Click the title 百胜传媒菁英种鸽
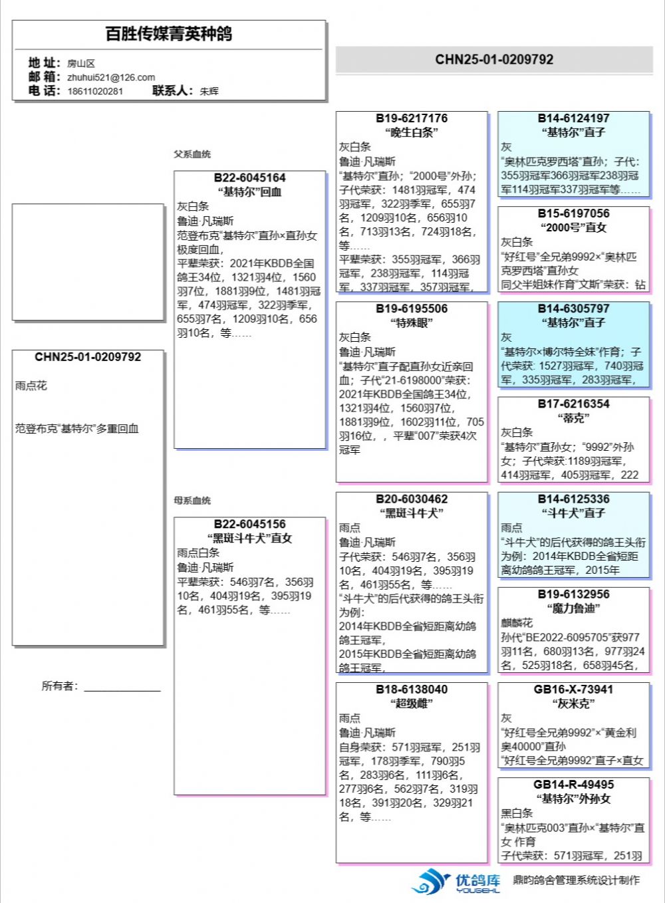click(169, 34)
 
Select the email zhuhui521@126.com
click(111, 77)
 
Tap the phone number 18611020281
click(95, 91)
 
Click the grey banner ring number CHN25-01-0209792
click(494, 59)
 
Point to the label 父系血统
click(192, 154)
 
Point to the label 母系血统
click(192, 501)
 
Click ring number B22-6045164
click(249, 178)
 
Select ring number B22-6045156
click(249, 524)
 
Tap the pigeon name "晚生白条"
click(412, 132)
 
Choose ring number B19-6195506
click(412, 309)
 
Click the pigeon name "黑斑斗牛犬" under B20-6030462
click(412, 513)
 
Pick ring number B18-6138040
click(412, 690)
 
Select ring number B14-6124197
click(573, 118)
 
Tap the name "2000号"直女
click(573, 227)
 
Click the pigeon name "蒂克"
click(573, 418)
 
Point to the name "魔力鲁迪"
click(573, 608)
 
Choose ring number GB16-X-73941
click(573, 690)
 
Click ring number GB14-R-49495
click(573, 785)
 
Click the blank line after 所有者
click(122, 688)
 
